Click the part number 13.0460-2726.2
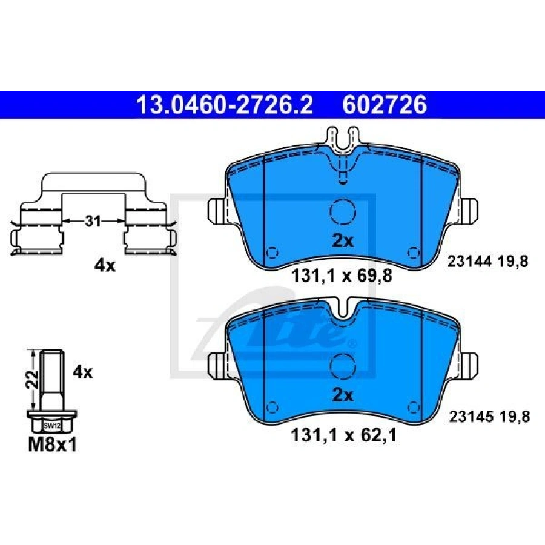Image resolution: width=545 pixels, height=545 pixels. (x=225, y=105)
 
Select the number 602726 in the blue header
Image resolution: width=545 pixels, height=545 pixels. (x=385, y=105)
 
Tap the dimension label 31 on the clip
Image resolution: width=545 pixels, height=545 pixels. (x=93, y=221)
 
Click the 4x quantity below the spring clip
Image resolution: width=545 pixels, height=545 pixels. (x=105, y=266)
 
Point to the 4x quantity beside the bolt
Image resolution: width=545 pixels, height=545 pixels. (x=82, y=372)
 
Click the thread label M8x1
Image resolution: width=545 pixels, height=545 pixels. (x=52, y=444)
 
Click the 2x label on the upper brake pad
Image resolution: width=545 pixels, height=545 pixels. (x=343, y=240)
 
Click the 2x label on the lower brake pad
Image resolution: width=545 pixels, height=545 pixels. (x=343, y=395)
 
